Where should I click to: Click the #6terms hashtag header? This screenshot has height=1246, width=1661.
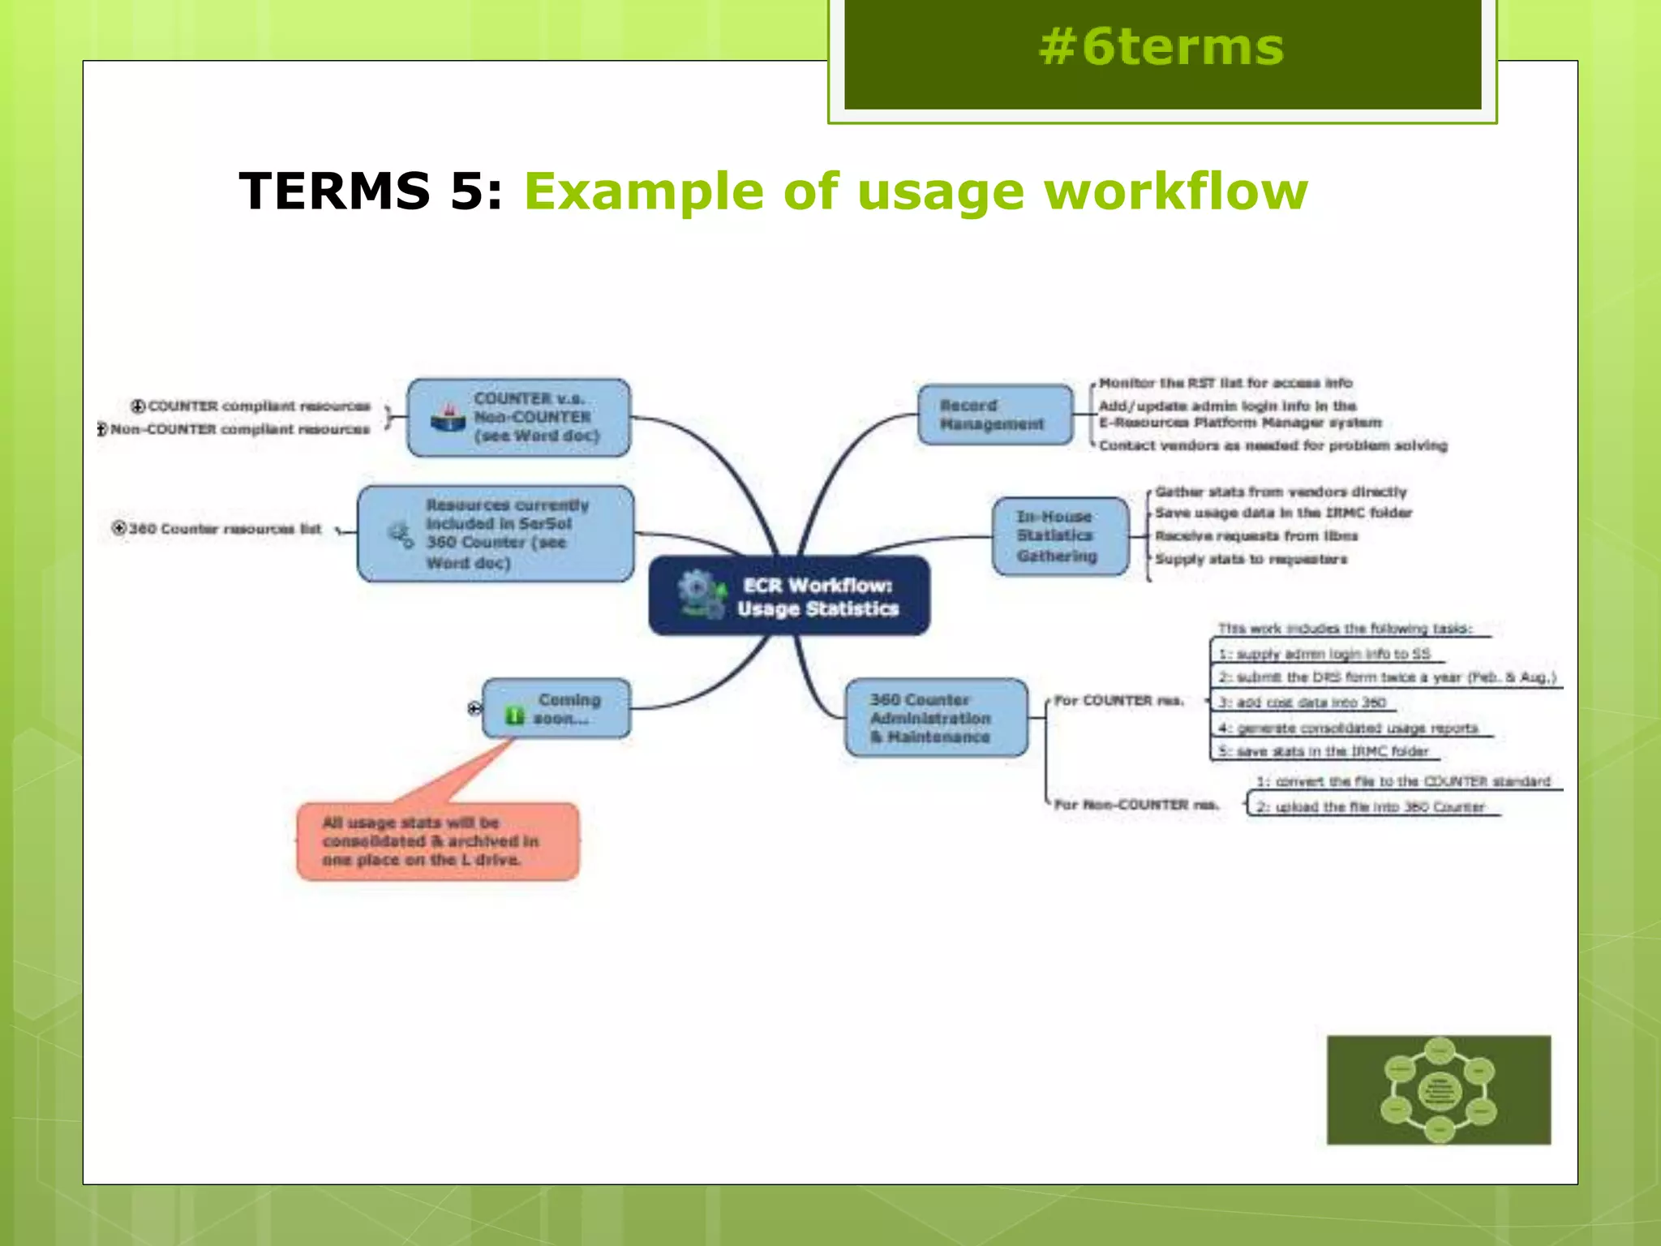1161,47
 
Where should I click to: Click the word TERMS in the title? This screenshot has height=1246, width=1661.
334,191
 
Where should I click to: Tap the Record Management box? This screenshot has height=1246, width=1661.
994,415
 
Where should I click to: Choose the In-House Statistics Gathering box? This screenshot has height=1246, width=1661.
1059,536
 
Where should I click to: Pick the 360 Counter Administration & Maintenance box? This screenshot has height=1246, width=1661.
935,718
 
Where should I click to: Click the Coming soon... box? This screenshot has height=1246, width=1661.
557,708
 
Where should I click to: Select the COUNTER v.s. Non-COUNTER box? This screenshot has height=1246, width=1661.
519,417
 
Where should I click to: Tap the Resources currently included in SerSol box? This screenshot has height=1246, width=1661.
496,534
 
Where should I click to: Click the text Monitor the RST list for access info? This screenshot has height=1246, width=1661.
1225,383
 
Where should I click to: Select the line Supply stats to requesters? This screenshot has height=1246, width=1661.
1250,559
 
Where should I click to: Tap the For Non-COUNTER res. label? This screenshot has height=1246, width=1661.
1135,805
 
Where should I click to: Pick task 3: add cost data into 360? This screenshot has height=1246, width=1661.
1302,702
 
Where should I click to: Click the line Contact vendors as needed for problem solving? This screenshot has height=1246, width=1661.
1272,445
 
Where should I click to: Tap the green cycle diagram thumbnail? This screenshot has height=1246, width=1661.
1438,1089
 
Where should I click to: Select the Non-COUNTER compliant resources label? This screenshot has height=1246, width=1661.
239,429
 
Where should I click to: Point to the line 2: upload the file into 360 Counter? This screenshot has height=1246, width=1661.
1371,807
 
